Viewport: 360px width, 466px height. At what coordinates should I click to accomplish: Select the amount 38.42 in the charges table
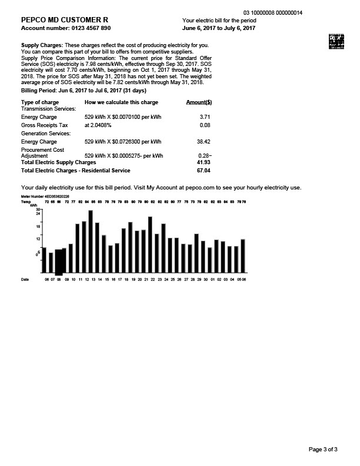tap(203, 142)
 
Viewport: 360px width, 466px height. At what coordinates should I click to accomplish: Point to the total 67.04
tap(203, 170)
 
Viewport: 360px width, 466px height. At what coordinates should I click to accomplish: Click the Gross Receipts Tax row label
tap(45, 125)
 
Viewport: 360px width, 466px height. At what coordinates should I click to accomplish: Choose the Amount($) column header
tap(199, 102)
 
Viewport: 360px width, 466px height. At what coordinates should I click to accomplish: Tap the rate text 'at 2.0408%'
tap(98, 125)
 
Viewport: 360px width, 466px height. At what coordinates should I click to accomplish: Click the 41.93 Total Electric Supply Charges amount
tap(203, 161)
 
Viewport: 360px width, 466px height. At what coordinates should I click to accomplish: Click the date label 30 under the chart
tap(205, 280)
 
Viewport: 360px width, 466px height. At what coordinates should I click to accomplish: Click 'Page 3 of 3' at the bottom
tap(323, 450)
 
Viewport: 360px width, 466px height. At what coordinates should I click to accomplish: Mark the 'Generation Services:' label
tap(45, 134)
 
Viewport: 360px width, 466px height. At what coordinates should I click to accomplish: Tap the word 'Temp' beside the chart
tap(25, 201)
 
